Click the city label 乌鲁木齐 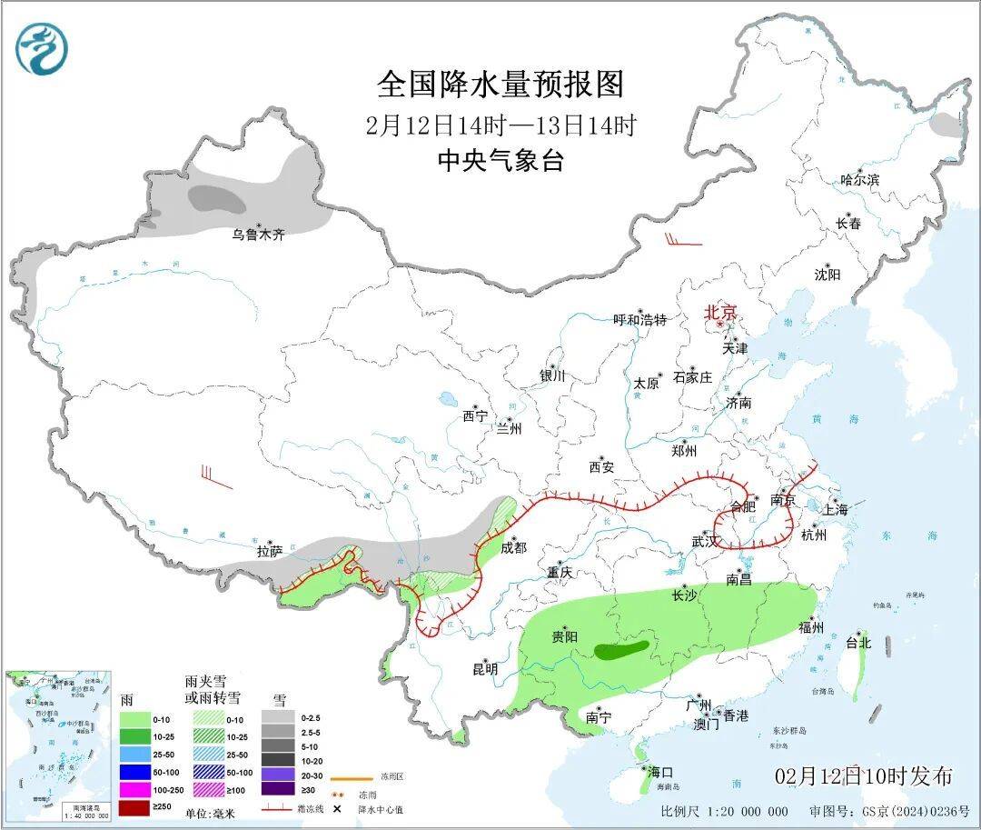(x=257, y=235)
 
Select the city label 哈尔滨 (x=859, y=180)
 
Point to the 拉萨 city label (x=270, y=551)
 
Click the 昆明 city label (x=485, y=669)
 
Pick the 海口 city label (x=660, y=772)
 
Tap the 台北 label (x=857, y=643)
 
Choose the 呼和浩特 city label (x=639, y=320)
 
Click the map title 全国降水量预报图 (x=501, y=85)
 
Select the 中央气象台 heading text (x=501, y=161)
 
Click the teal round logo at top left (x=42, y=49)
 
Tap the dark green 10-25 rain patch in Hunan (x=622, y=649)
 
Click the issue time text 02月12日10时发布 (x=864, y=776)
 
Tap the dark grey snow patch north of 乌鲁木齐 (x=216, y=196)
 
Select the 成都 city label (x=513, y=547)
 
